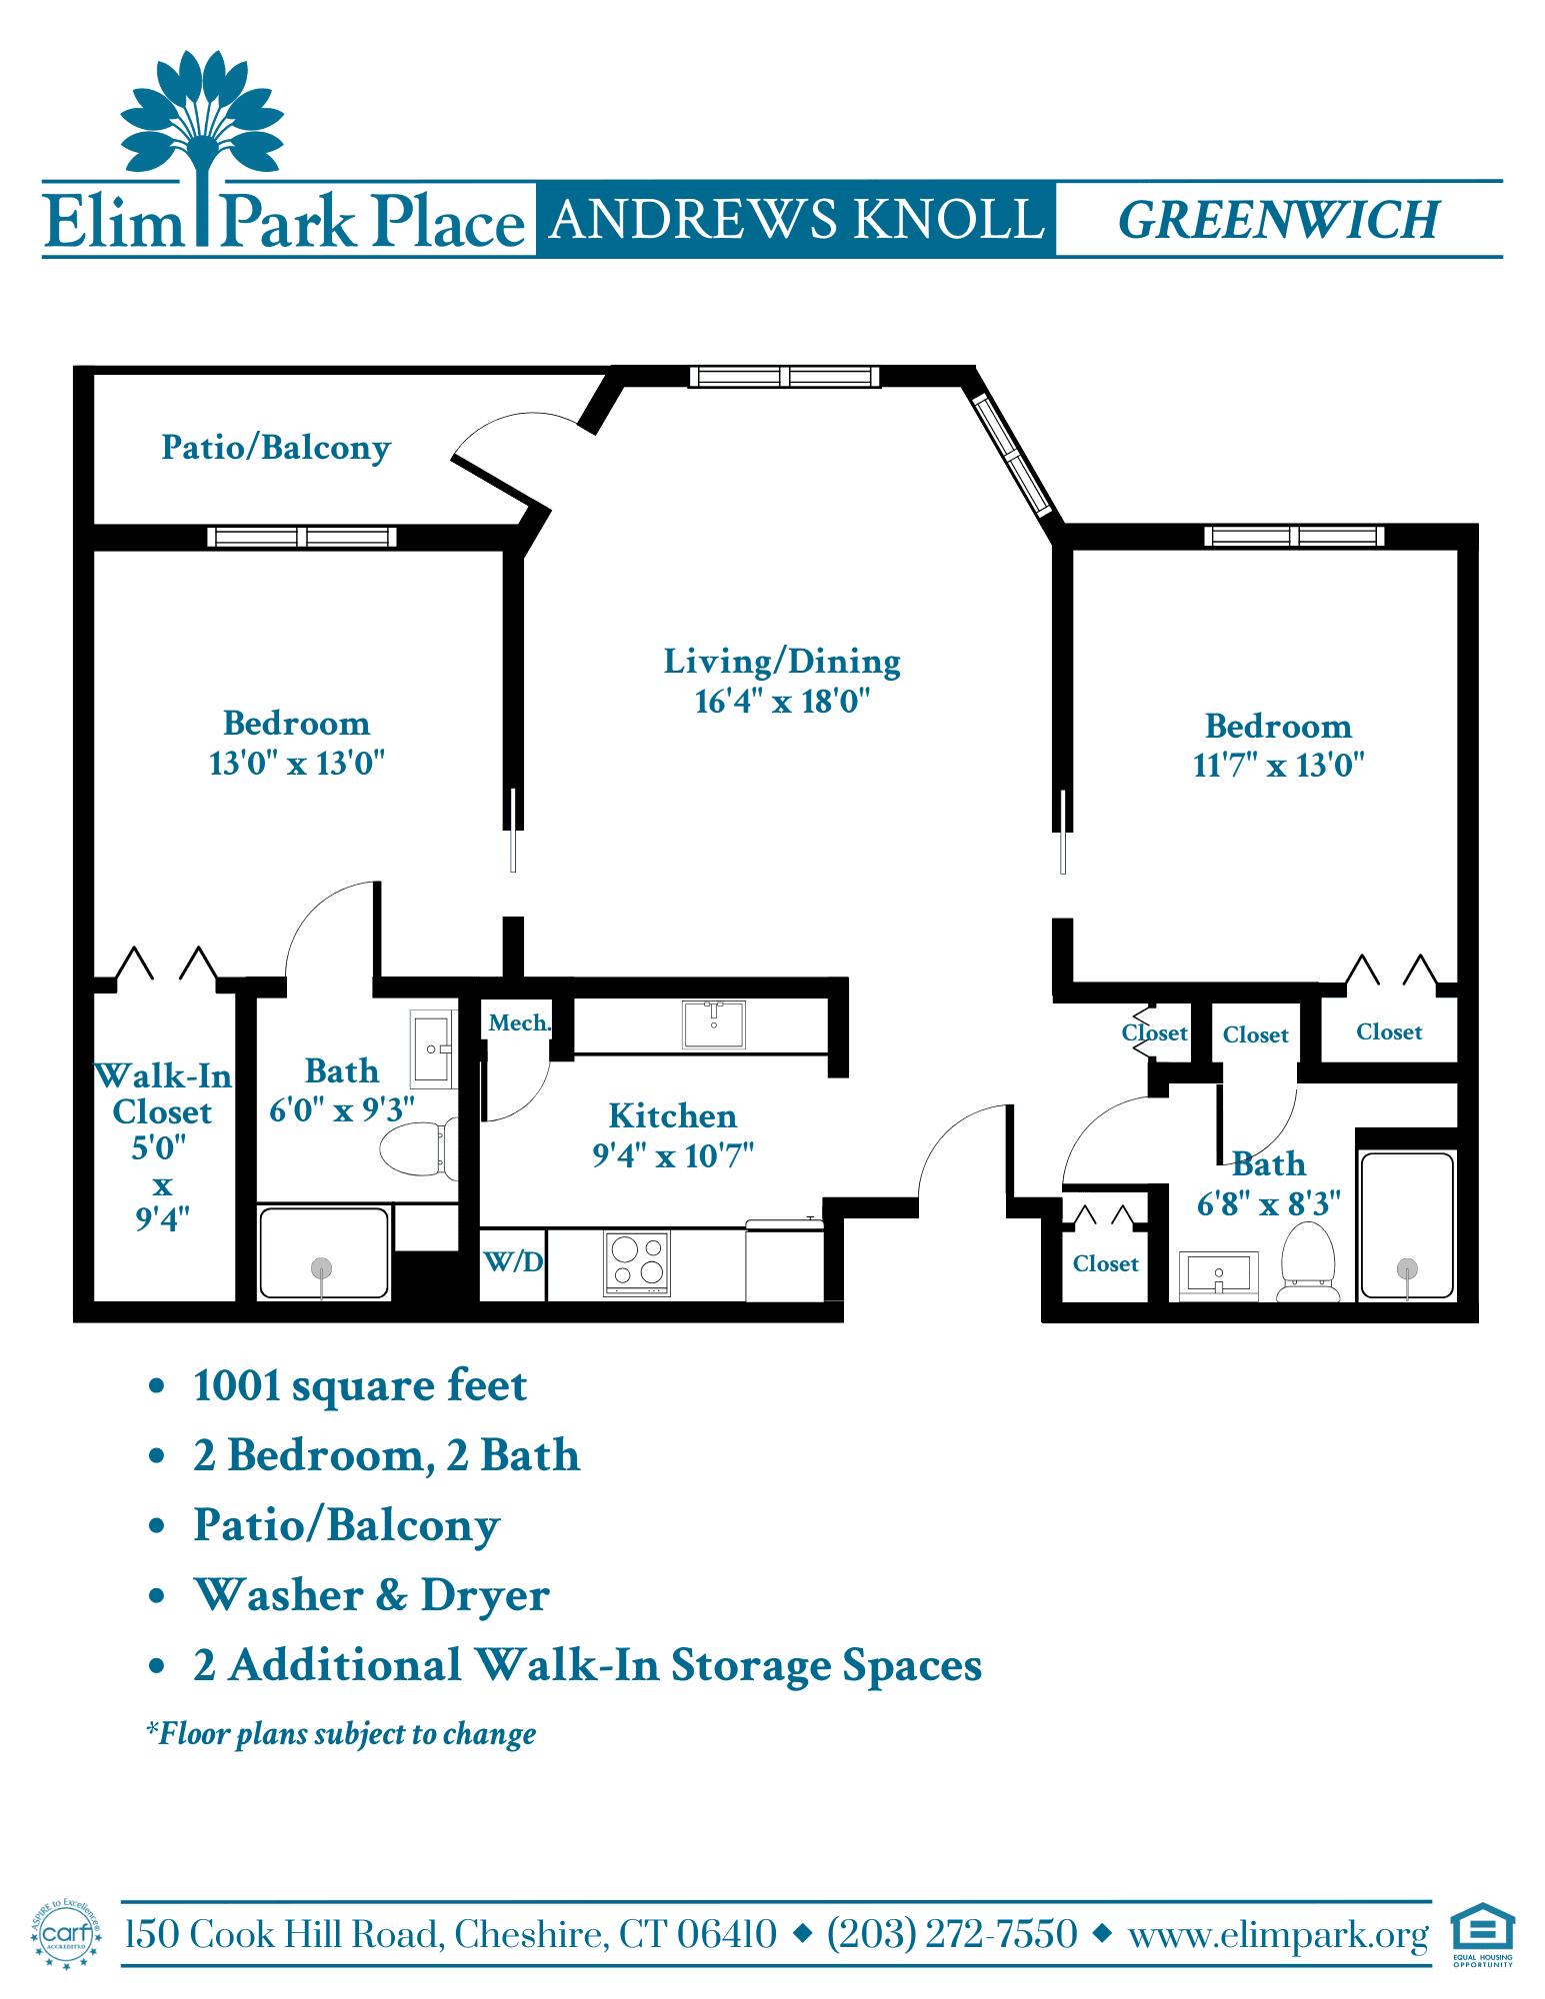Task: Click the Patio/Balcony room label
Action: (276, 448)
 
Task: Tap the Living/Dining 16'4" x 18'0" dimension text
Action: (782, 702)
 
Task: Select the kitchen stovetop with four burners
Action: (637, 1262)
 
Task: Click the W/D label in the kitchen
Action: (513, 1261)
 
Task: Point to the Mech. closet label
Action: (519, 1022)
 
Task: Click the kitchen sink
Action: (714, 1024)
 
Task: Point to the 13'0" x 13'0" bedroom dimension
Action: (297, 764)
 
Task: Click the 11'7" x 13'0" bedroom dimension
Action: (1279, 766)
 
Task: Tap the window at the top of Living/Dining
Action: (785, 376)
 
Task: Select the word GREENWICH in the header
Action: (1279, 220)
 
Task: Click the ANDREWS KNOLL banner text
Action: (797, 220)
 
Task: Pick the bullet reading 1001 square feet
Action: (360, 1386)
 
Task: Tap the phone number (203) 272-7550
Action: (952, 1934)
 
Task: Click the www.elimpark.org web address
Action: (1279, 1936)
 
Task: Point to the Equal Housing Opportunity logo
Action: (1483, 1935)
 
